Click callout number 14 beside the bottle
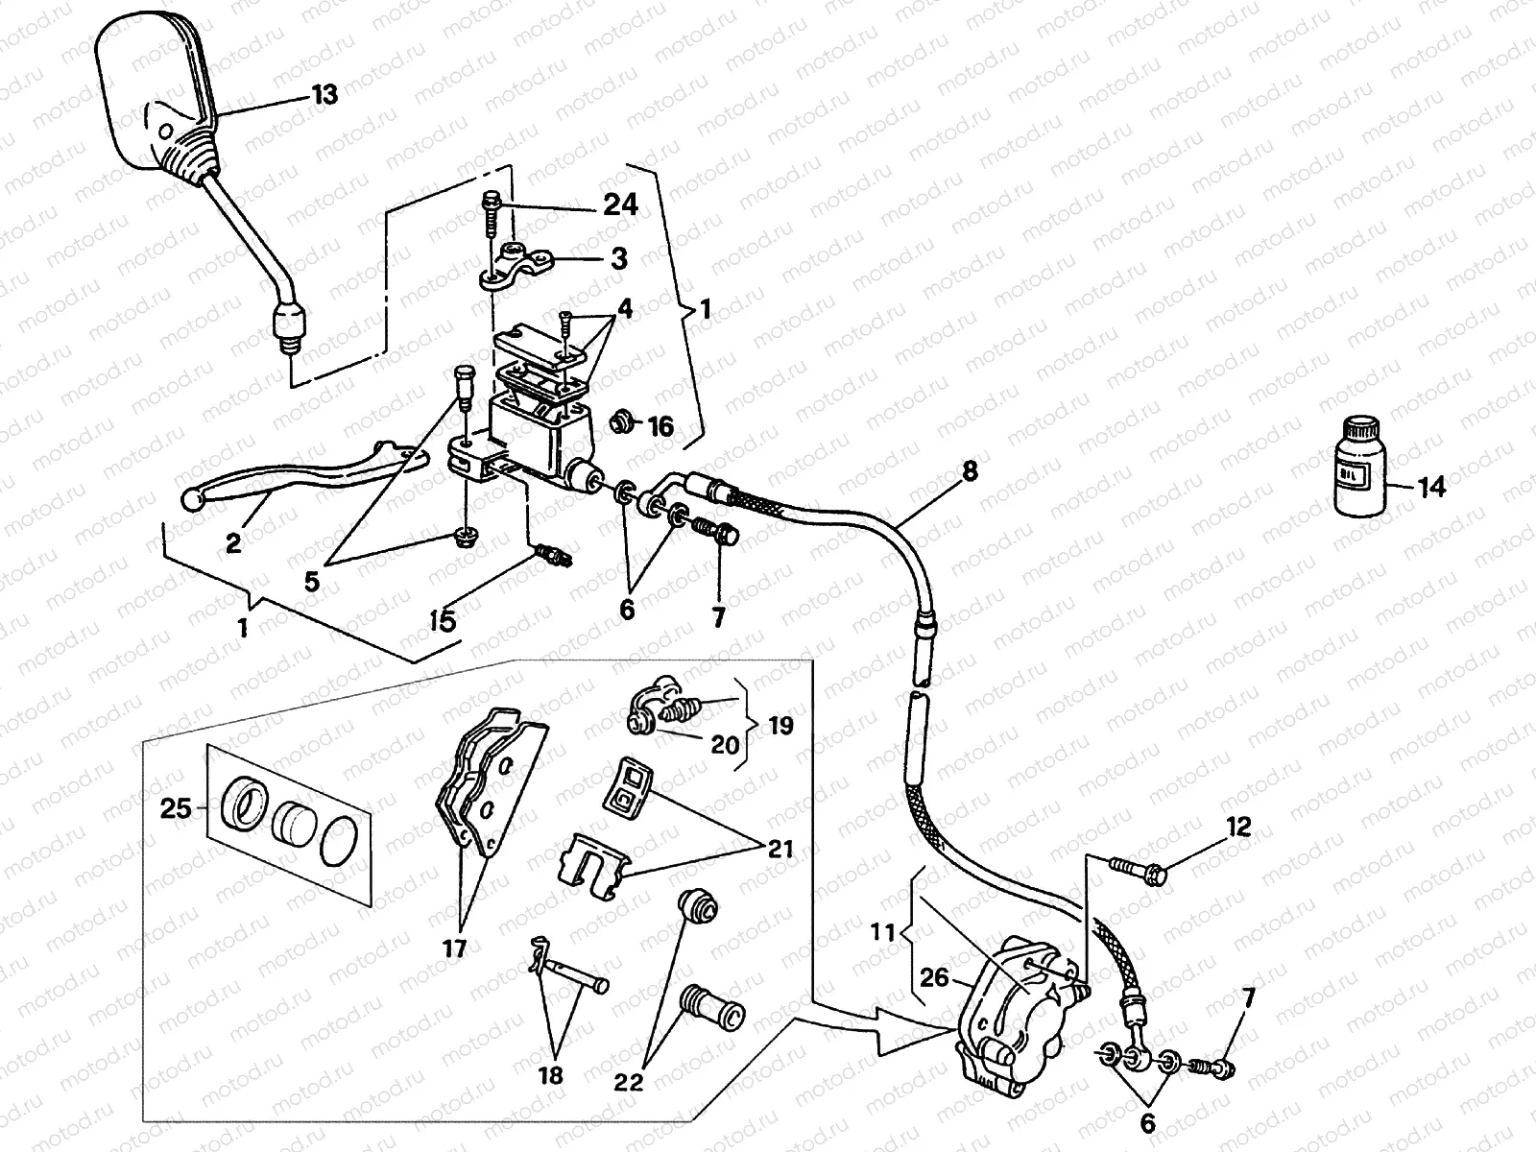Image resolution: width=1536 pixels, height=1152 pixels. point(1430,488)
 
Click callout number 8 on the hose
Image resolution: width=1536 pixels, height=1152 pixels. point(970,471)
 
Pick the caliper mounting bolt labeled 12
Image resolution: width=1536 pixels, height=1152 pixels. point(1139,870)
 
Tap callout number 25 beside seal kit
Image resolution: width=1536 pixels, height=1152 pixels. point(176,809)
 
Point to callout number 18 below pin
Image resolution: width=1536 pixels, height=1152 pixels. point(551,1075)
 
